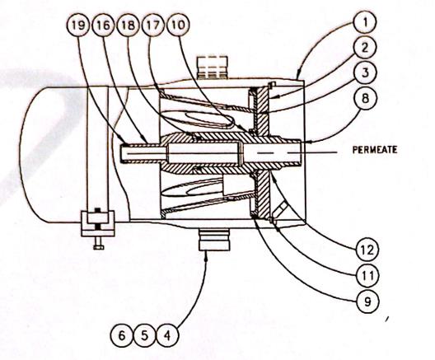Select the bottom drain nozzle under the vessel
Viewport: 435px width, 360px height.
coord(216,241)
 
